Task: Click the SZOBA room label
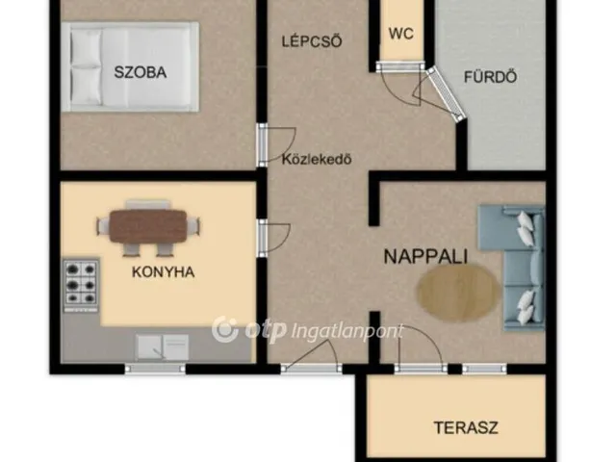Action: pos(140,72)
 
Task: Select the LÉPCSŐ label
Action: pos(311,40)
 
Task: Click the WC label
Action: pos(400,33)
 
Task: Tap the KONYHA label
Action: pos(163,271)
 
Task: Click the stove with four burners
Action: pos(82,283)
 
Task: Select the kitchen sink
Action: pos(163,345)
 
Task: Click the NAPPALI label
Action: pos(425,256)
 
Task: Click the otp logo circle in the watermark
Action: pos(224,329)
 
